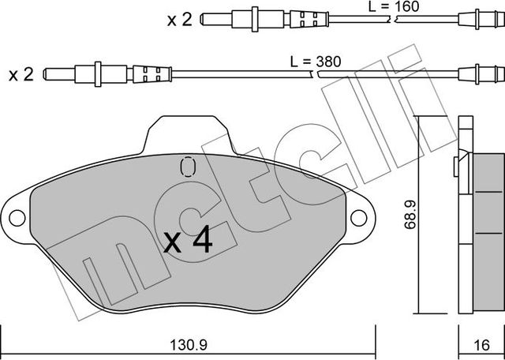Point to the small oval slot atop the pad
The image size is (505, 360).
coord(187,167)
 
